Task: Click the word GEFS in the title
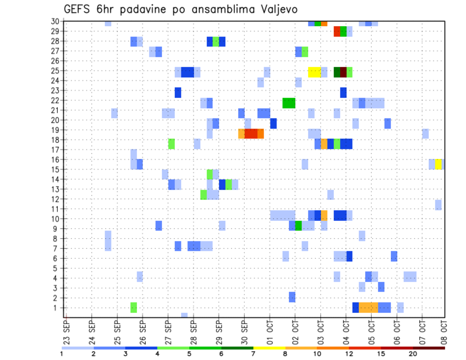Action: (x=79, y=9)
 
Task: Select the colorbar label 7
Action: (x=253, y=354)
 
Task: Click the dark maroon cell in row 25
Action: (x=343, y=72)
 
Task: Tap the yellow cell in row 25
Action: (x=314, y=72)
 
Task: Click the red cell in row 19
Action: (x=251, y=133)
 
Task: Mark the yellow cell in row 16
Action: (x=438, y=164)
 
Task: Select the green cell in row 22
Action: (x=289, y=103)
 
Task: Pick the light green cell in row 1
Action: (x=133, y=308)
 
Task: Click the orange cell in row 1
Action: (x=368, y=308)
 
